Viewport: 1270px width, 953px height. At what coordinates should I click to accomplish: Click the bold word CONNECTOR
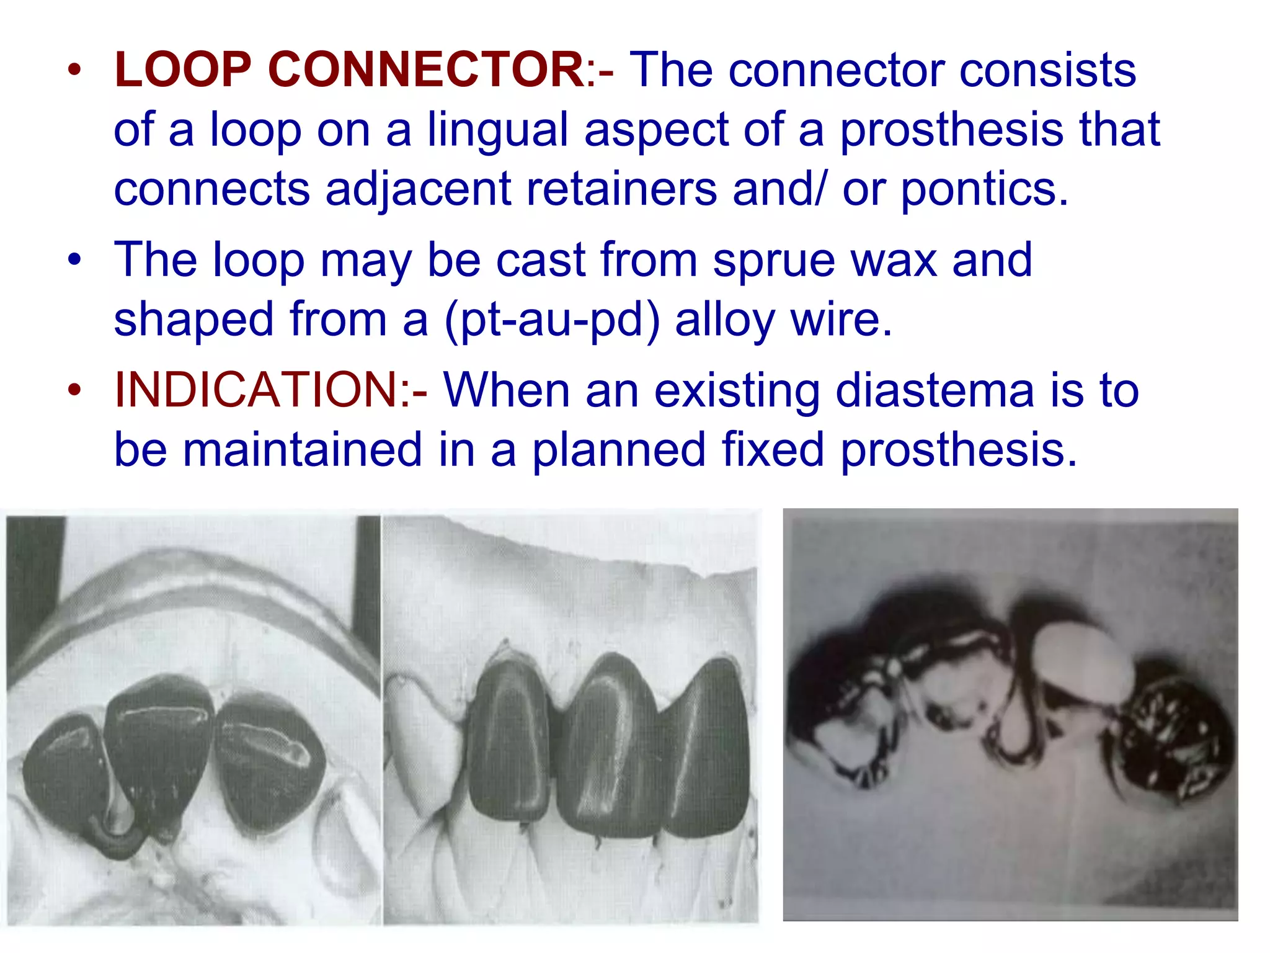pyautogui.click(x=424, y=70)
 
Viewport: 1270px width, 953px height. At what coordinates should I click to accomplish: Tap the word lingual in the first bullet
pyautogui.click(x=497, y=130)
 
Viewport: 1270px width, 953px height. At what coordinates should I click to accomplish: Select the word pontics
pyautogui.click(x=984, y=190)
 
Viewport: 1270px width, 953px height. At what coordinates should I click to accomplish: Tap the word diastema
pyautogui.click(x=934, y=391)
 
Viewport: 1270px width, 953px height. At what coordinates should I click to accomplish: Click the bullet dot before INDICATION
pyautogui.click(x=74, y=391)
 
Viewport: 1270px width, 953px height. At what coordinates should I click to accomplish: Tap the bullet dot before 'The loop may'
pyautogui.click(x=74, y=259)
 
